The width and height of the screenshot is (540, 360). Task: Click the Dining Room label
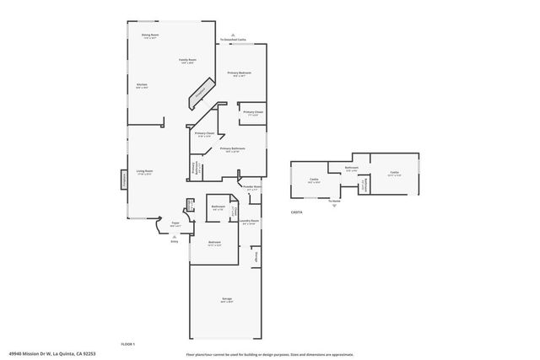150,35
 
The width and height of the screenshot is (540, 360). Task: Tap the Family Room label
186,60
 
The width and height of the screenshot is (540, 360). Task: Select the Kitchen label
143,85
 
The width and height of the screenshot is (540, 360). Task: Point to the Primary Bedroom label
240,74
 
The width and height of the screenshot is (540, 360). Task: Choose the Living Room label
145,171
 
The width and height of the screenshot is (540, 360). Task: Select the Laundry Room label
248,222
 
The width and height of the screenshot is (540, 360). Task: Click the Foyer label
175,224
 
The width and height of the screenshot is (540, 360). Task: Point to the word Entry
175,241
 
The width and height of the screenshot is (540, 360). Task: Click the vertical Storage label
256,254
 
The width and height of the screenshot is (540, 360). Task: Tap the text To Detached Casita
233,40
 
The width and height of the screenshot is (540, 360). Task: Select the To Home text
335,201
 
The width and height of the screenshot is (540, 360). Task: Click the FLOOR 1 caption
127,344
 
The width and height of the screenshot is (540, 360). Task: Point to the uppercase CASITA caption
296,212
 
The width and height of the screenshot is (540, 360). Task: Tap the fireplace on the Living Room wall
123,179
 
